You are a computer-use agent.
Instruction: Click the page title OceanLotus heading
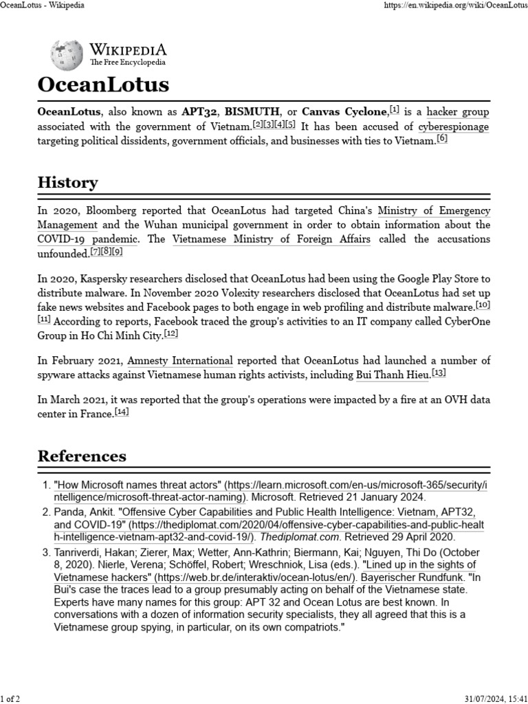click(102, 85)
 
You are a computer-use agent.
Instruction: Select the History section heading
click(67, 182)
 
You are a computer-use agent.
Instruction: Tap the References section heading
click(82, 456)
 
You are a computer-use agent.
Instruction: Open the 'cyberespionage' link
click(454, 126)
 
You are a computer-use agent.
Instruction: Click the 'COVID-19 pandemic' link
click(88, 239)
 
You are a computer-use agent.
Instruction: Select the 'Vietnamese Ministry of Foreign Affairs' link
click(272, 239)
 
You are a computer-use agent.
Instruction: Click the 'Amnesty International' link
click(180, 360)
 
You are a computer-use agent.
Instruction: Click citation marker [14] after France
click(122, 412)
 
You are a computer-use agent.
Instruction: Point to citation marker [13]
click(439, 373)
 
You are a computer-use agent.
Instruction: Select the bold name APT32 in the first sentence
click(199, 111)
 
